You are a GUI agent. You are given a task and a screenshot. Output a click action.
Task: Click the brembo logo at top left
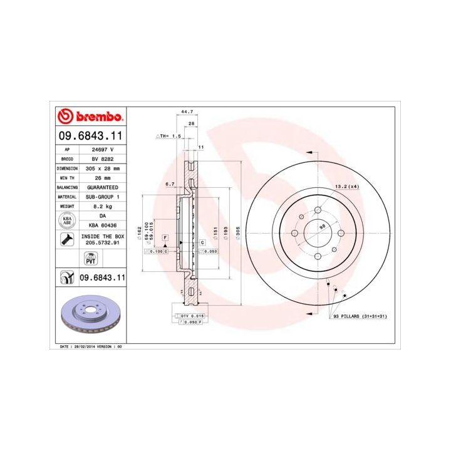click(x=91, y=117)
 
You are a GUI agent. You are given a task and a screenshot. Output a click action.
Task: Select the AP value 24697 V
click(x=103, y=150)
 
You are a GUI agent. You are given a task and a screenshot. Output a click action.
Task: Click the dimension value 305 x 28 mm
click(x=103, y=168)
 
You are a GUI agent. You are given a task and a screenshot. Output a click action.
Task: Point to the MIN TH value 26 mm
click(x=103, y=178)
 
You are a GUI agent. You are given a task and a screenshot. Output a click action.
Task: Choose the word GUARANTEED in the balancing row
click(x=103, y=187)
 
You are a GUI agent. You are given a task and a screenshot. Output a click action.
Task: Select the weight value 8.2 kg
click(x=103, y=206)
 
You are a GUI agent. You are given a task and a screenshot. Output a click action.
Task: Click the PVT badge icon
click(x=90, y=258)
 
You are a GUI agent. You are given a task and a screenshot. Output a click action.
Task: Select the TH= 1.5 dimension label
click(x=170, y=135)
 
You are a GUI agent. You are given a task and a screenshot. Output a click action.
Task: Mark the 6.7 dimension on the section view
click(x=169, y=185)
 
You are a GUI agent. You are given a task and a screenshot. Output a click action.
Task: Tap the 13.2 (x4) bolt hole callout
click(x=345, y=187)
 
